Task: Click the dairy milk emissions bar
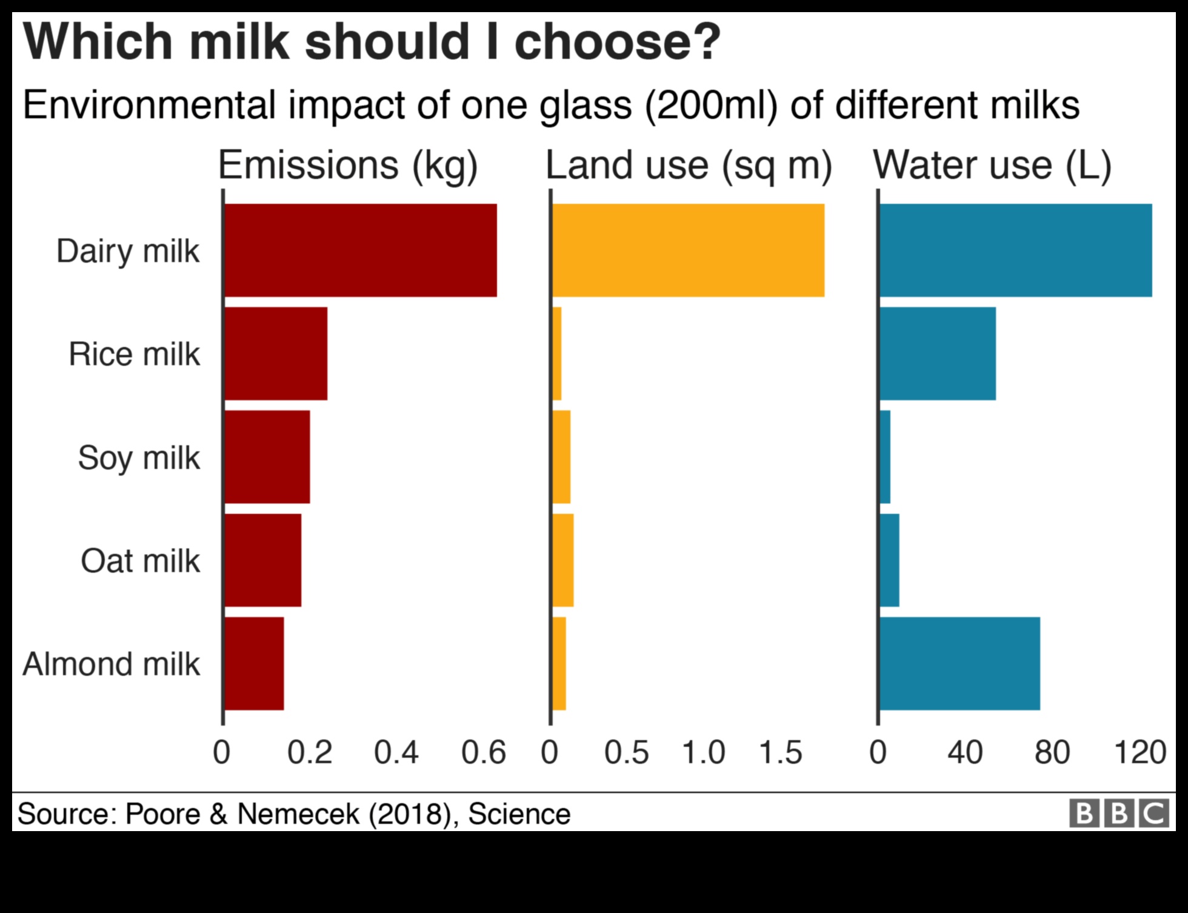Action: pos(360,250)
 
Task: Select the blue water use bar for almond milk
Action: pos(959,663)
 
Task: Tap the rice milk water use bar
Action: pos(937,354)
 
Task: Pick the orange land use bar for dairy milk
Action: pos(688,250)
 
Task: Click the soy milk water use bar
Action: pos(885,457)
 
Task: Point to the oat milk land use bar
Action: pos(563,560)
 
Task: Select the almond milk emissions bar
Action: pos(254,663)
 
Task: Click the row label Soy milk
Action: pos(139,458)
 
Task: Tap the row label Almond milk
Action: pos(112,664)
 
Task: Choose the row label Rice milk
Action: pos(134,354)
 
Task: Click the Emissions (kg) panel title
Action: pos(348,165)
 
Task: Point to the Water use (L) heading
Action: pos(992,165)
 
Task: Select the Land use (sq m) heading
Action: pos(689,165)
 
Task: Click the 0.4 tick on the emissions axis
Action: pos(396,752)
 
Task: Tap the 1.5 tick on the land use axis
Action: pos(780,752)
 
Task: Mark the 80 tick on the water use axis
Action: pos(1052,752)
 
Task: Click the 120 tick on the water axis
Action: pos(1140,752)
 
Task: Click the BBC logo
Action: pos(1119,814)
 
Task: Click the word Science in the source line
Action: pos(519,814)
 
